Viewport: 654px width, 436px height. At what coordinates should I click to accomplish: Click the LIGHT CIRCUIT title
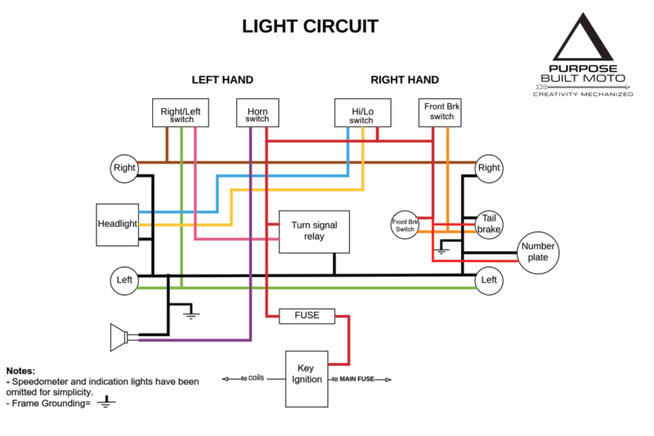[x=310, y=26]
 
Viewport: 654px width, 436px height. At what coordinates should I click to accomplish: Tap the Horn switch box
[x=257, y=113]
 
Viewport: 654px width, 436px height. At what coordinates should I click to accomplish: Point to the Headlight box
[x=117, y=224]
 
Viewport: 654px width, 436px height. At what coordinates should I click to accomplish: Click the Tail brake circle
[x=489, y=223]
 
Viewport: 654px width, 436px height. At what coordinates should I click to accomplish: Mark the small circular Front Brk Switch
[x=405, y=223]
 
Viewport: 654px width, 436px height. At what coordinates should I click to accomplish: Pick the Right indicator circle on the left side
[x=124, y=169]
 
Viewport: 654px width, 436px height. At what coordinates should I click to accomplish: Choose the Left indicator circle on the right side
[x=489, y=280]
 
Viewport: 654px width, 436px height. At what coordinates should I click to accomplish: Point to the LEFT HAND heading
[x=222, y=80]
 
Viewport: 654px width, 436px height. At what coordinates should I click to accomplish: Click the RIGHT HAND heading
[x=405, y=80]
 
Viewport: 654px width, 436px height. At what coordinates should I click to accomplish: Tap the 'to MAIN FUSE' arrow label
[x=361, y=380]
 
